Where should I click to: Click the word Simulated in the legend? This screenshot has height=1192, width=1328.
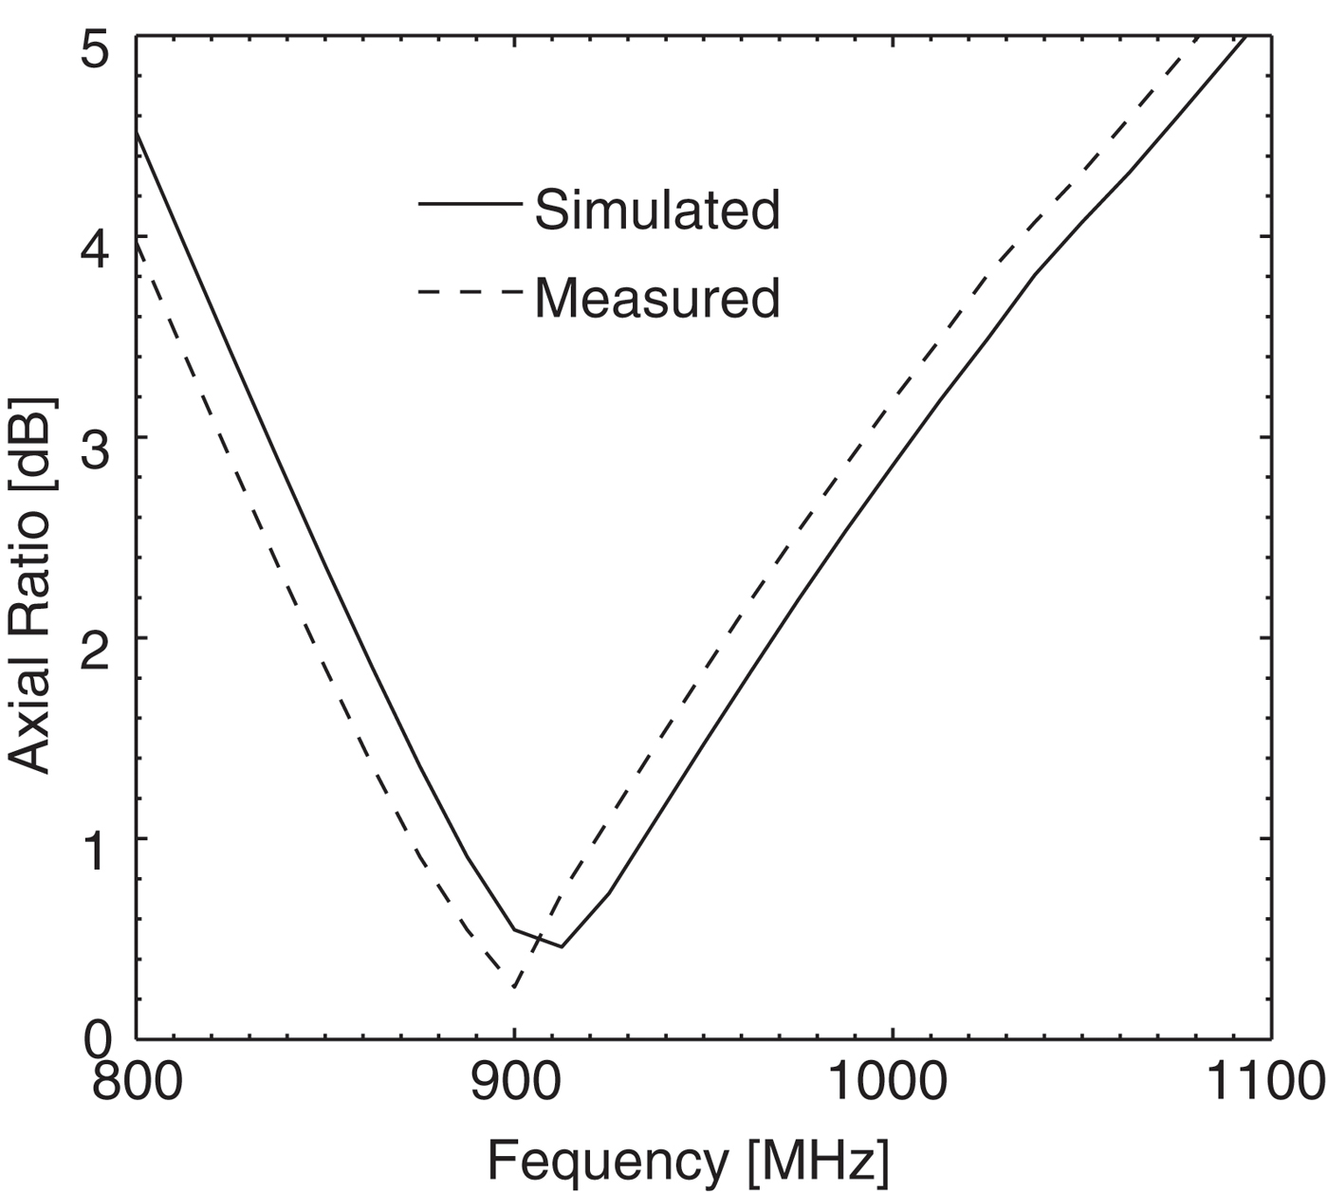pyautogui.click(x=656, y=210)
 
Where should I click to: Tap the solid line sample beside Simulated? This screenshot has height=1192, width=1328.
pyautogui.click(x=470, y=203)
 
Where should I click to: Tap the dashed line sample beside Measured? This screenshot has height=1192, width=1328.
pyautogui.click(x=470, y=291)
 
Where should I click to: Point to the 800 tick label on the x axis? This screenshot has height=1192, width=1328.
pyautogui.click(x=137, y=1080)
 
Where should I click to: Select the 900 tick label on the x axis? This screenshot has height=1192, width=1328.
pyautogui.click(x=514, y=1080)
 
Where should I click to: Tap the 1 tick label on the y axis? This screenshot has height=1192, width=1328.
pyautogui.click(x=98, y=839)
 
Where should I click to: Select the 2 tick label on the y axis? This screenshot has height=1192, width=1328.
pyautogui.click(x=98, y=638)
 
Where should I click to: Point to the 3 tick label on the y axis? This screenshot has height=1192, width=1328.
pyautogui.click(x=98, y=437)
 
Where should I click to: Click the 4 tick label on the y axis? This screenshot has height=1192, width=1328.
pyautogui.click(x=98, y=236)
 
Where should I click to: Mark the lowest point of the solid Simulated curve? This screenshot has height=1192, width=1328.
pyautogui.click(x=562, y=946)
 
